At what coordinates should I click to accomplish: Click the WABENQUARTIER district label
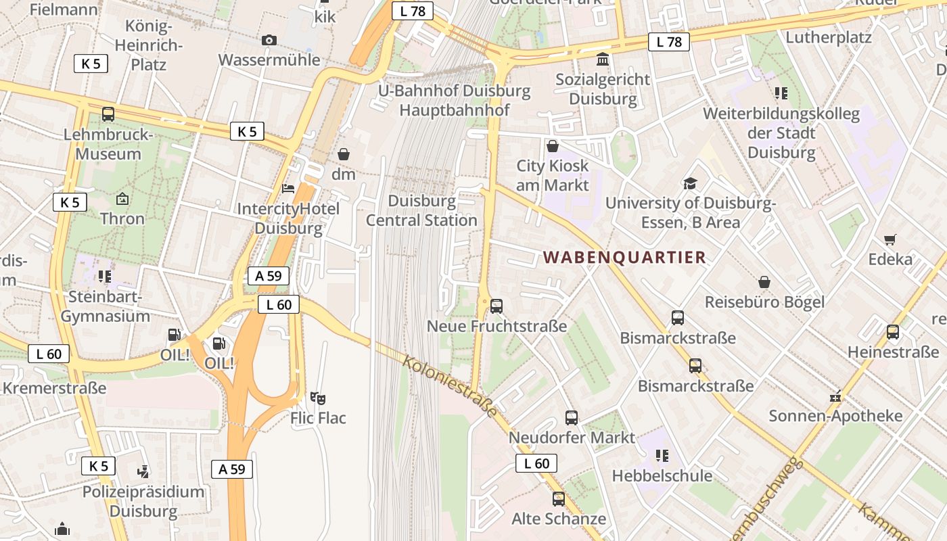625,258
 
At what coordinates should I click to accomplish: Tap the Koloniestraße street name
451,385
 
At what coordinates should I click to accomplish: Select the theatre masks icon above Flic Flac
317,398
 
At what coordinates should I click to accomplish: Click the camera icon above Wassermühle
269,41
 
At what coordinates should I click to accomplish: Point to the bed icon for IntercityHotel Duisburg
288,189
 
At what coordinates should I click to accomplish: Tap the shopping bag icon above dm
344,154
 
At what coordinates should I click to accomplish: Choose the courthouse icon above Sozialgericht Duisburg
602,59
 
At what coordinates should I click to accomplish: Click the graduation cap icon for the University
690,183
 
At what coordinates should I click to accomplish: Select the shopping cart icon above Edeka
890,239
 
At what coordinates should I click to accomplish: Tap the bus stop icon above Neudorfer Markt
572,418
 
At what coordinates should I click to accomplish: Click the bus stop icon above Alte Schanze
559,499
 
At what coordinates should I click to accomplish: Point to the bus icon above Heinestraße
893,332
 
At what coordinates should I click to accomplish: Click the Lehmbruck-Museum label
108,144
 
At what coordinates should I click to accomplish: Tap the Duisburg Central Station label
422,210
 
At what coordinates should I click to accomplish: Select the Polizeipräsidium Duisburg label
143,501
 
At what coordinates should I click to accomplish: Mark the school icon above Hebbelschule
662,456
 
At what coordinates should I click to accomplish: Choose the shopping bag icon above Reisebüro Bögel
764,282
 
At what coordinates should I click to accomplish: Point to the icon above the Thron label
122,199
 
